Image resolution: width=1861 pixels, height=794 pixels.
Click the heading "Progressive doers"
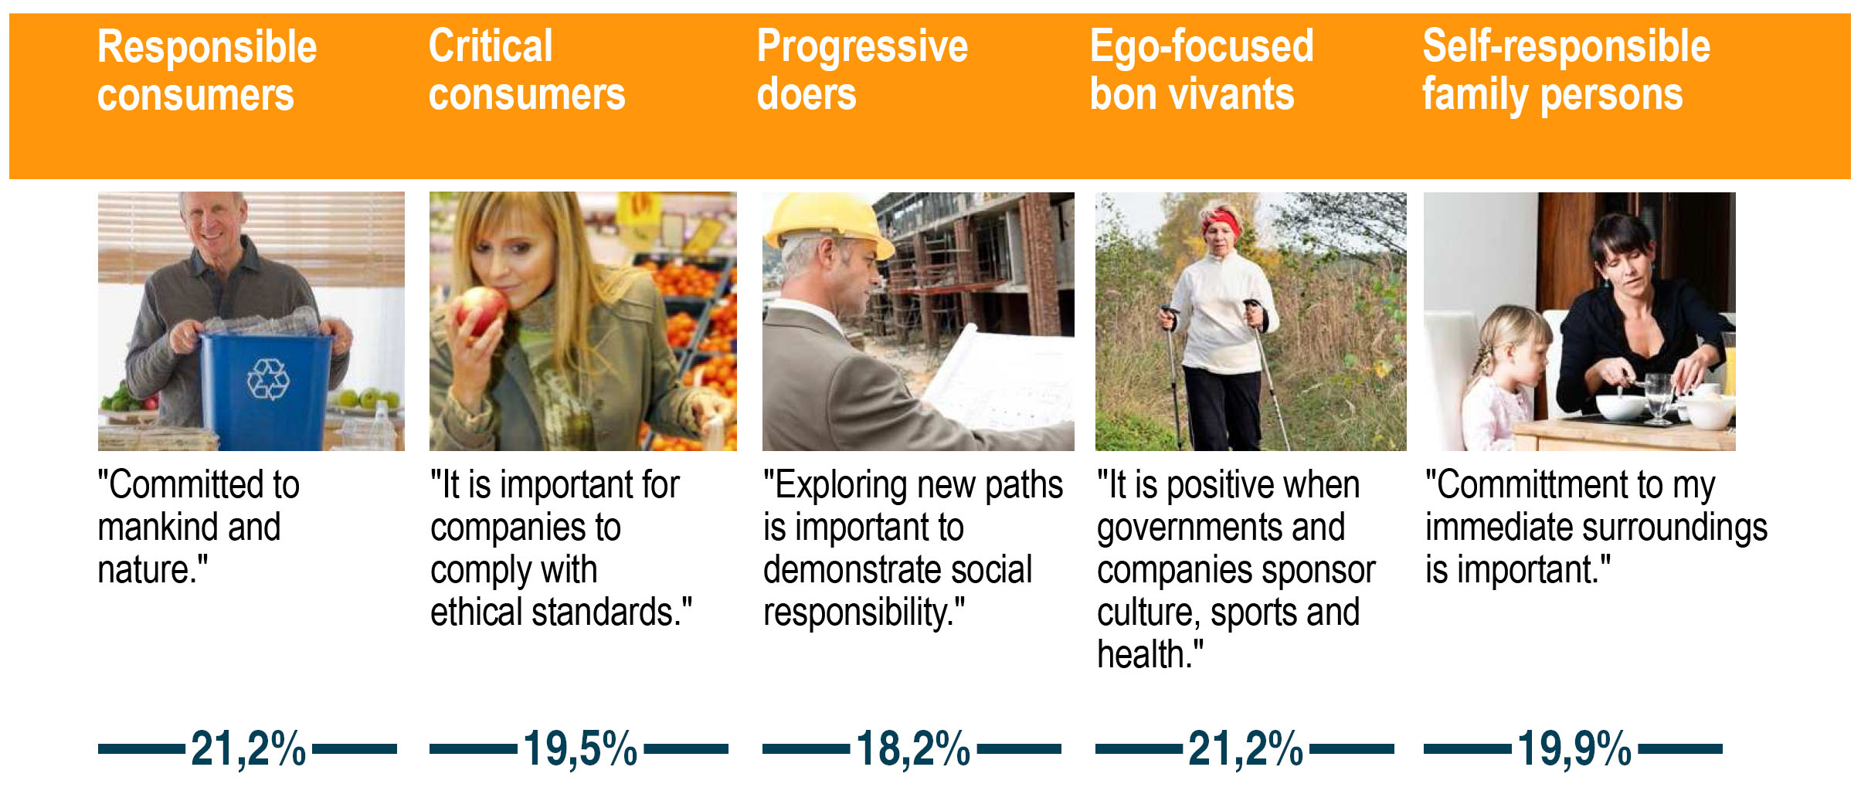862,70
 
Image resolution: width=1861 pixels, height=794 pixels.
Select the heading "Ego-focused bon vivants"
1201,70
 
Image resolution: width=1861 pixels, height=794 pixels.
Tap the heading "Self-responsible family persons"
1566,71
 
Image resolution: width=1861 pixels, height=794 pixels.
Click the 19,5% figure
580,749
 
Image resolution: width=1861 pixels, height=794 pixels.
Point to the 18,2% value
913,749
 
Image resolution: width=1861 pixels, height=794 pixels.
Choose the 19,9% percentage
1574,749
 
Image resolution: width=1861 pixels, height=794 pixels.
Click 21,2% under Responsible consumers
248,749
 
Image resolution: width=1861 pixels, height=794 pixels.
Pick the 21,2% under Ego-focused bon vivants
1245,749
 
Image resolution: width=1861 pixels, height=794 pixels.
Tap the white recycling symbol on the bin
268,379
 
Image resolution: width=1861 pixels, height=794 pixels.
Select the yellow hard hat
828,222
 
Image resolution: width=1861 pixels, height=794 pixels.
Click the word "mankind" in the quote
158,528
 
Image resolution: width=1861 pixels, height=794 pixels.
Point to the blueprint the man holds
997,378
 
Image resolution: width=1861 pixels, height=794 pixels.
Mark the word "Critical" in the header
491,46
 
